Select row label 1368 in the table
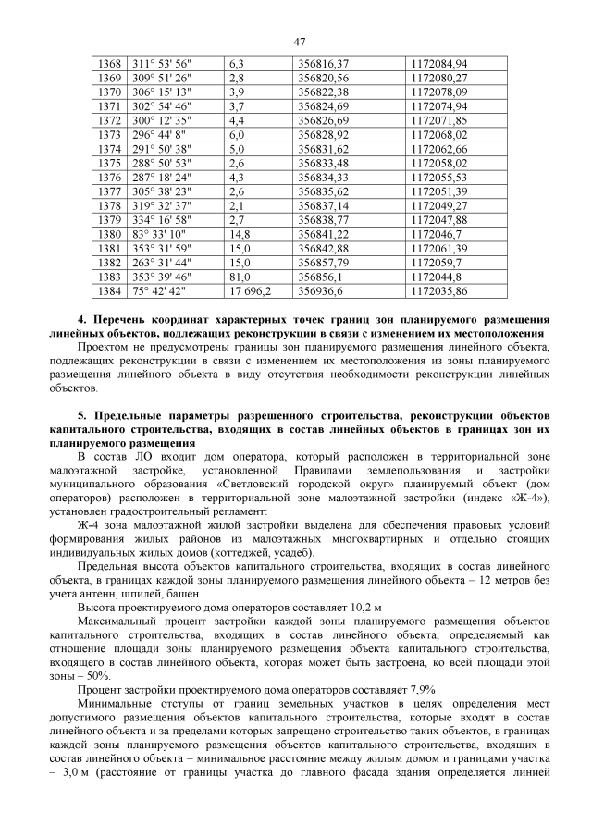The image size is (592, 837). pyautogui.click(x=109, y=63)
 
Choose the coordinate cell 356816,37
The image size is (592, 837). pyautogui.click(x=323, y=63)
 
